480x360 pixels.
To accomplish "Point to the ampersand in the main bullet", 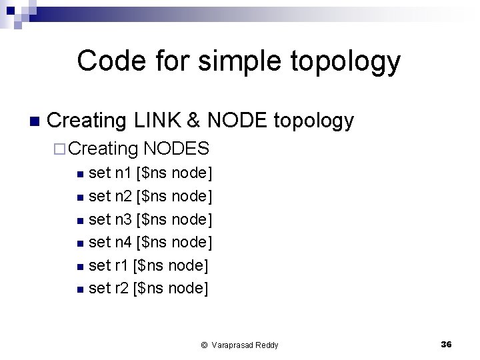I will pos(195,121).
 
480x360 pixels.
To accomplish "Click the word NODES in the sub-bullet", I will pos(177,149).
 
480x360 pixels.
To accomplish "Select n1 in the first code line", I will pos(123,174).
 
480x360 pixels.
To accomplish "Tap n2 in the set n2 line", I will pos(123,197).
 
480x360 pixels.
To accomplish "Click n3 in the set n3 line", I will pos(123,219).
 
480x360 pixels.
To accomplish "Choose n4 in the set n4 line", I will pos(123,243).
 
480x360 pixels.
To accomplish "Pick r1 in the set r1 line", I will pos(121,265).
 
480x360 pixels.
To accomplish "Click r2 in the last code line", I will pos(121,288).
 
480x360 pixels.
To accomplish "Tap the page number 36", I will pos(446,344).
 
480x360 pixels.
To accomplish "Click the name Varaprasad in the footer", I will pos(233,345).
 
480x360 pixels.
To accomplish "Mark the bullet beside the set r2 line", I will pos(80,289).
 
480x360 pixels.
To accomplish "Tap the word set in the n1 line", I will pos(99,174).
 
